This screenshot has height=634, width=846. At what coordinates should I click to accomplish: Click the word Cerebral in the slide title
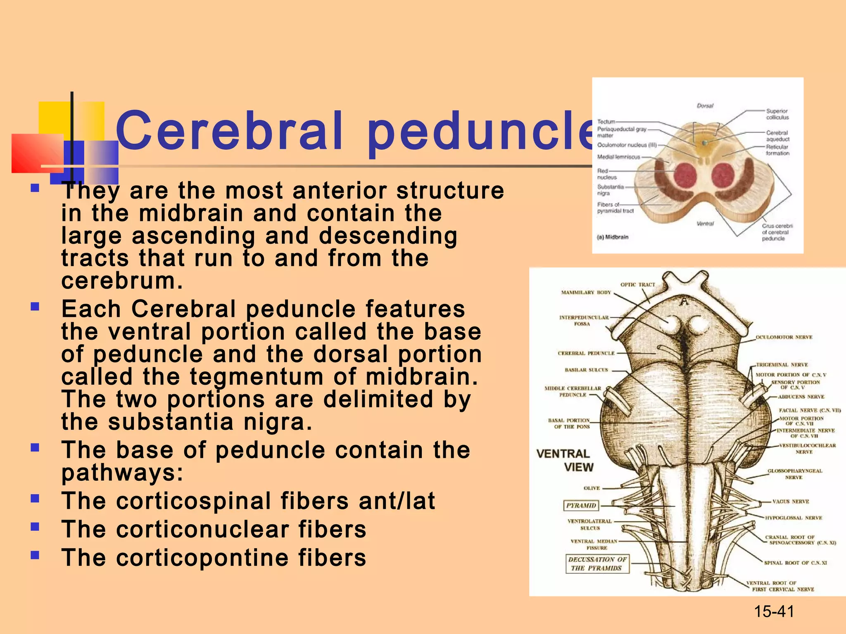click(229, 131)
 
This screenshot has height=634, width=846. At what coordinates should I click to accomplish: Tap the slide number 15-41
click(774, 611)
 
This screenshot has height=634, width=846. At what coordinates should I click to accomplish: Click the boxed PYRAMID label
click(581, 505)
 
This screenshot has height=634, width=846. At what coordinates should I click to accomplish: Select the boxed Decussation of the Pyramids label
click(597, 564)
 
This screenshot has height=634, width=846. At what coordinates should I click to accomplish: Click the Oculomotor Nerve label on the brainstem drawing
click(784, 337)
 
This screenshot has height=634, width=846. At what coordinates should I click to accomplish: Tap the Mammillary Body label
click(585, 292)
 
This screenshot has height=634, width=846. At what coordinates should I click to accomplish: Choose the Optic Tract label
click(637, 284)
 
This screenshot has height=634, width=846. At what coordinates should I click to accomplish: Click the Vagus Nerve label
click(790, 502)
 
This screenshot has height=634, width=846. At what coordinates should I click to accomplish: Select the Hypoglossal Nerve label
click(793, 518)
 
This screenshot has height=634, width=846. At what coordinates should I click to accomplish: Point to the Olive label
click(592, 488)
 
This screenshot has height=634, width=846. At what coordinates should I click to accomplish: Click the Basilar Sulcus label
click(586, 370)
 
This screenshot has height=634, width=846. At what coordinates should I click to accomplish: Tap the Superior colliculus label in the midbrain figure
click(777, 114)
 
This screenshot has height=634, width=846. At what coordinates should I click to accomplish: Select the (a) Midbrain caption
click(613, 237)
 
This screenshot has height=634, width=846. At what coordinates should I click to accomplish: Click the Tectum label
click(606, 122)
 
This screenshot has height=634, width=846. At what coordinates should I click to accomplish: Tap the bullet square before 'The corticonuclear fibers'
click(35, 527)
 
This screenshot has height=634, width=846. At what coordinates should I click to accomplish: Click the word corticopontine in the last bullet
click(202, 558)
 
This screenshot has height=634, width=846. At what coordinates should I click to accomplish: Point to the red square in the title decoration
click(37, 153)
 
